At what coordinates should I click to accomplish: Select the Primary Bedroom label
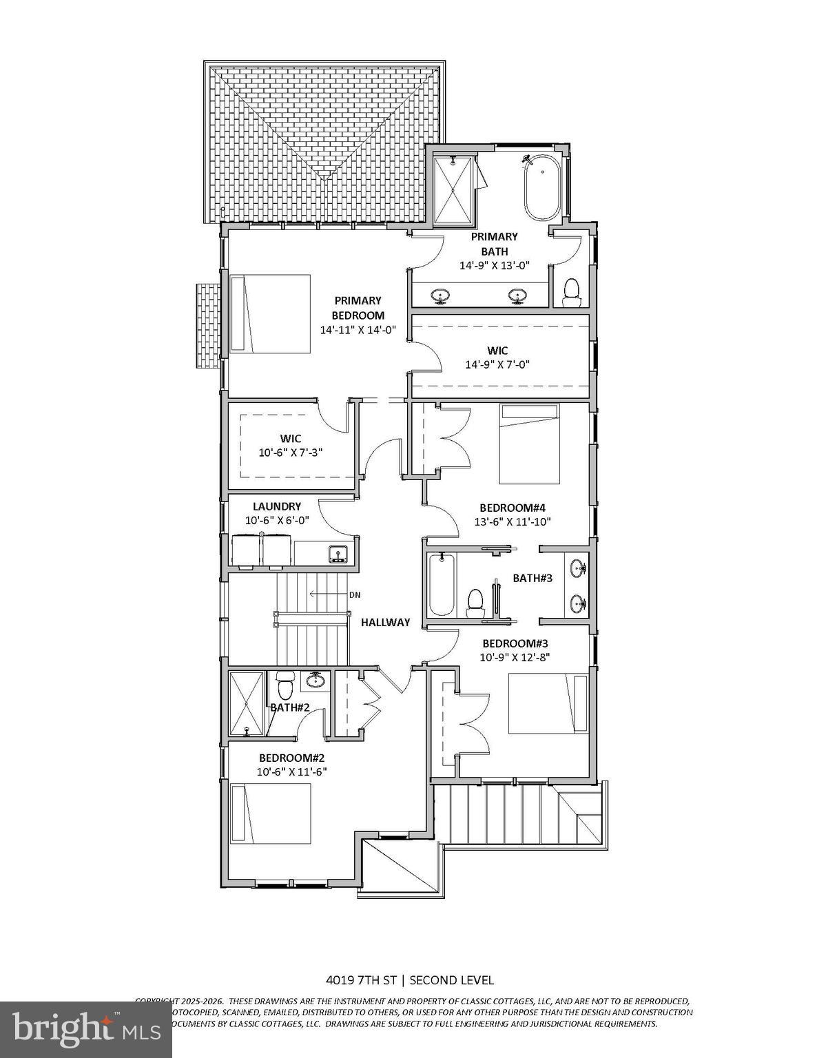tap(358, 308)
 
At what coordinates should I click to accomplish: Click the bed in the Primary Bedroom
tap(270, 314)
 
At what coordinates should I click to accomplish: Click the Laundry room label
tap(276, 506)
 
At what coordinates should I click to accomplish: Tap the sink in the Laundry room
tap(338, 553)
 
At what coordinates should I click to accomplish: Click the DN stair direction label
tap(355, 594)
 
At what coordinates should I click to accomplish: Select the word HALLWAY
tap(386, 622)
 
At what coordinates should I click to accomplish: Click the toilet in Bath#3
tap(475, 601)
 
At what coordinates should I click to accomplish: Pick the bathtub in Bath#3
tap(442, 585)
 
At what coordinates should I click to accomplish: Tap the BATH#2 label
tap(289, 707)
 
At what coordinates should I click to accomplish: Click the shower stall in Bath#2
tap(247, 703)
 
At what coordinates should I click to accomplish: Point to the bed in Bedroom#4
tap(529, 444)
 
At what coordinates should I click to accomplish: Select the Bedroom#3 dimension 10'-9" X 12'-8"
tap(515, 657)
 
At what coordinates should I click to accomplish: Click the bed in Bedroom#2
tap(270, 813)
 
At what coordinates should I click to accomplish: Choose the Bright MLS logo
tap(85, 1028)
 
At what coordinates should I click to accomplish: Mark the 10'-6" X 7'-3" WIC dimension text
tap(291, 453)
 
